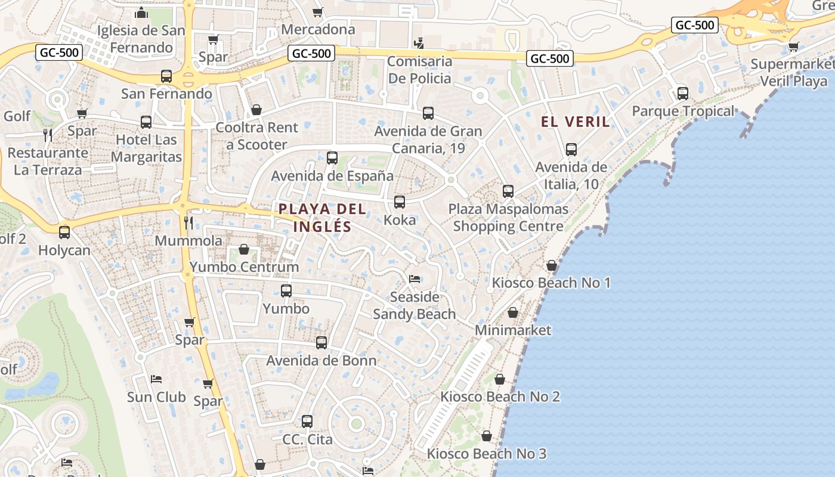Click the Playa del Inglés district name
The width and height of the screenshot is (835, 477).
(322, 218)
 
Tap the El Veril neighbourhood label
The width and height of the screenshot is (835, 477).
(576, 122)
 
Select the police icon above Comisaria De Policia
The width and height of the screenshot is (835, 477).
(419, 43)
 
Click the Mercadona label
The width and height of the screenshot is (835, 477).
(318, 29)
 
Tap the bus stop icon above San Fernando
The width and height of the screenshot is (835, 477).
(166, 76)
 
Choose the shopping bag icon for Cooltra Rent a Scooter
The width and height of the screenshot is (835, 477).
(256, 110)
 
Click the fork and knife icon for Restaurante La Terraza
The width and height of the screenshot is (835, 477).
(48, 135)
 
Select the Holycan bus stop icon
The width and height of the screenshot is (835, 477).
(64, 233)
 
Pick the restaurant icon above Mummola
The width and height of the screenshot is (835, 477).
(188, 223)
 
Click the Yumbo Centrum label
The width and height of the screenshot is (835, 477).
(244, 267)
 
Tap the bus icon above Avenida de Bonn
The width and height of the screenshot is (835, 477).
(321, 343)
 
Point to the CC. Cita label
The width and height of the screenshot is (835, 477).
(307, 439)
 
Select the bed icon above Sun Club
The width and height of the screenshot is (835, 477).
(156, 379)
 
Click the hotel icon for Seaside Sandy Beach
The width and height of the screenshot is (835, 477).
(415, 279)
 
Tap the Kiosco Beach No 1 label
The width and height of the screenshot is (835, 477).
(551, 283)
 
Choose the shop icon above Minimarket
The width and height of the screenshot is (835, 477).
(513, 312)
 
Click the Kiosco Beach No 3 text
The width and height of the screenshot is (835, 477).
(486, 454)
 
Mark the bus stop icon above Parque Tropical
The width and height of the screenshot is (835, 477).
(683, 94)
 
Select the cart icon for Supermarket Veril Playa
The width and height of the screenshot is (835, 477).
(793, 47)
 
